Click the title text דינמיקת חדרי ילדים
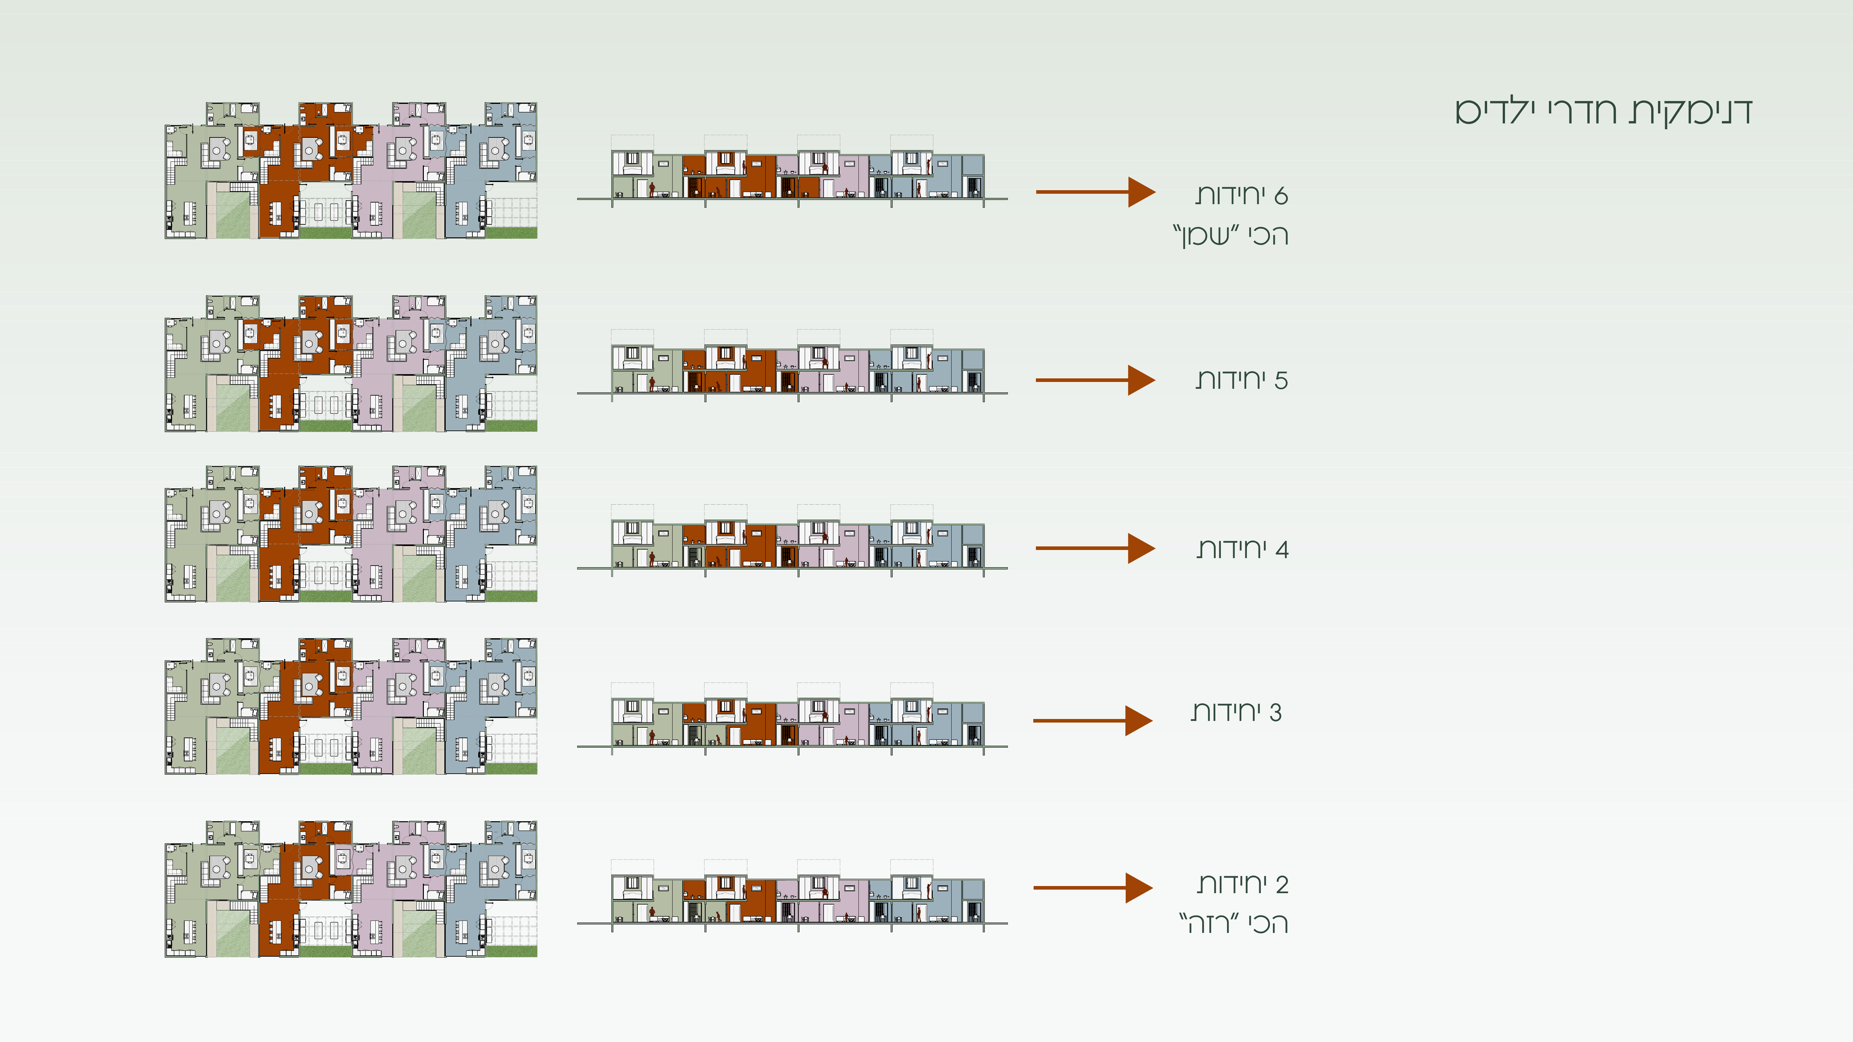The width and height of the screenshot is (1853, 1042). pos(1603,112)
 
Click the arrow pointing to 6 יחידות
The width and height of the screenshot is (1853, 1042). pos(1095,192)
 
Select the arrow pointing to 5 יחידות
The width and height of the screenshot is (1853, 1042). pos(1095,380)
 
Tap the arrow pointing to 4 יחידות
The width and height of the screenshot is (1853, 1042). pos(1095,548)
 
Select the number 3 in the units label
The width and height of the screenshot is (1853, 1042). pos(1275,712)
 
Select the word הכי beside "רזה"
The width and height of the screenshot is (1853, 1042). pos(1268,923)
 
